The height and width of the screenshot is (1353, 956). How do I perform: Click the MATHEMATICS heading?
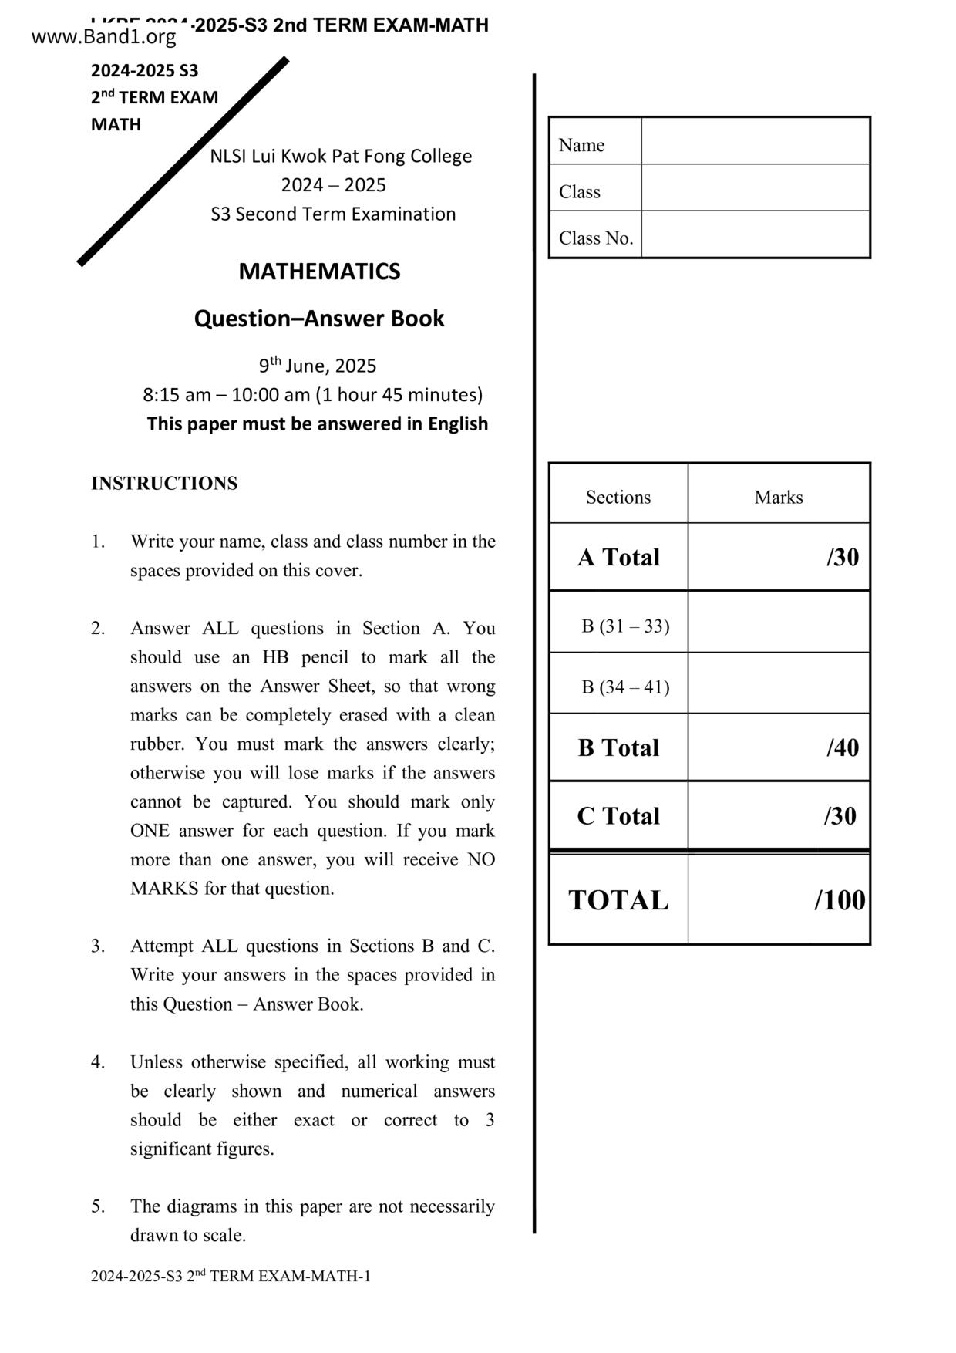[319, 272]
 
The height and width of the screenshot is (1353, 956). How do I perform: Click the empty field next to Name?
[756, 141]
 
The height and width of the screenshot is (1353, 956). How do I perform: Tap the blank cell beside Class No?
[756, 234]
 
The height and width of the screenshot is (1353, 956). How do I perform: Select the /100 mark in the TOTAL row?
[840, 900]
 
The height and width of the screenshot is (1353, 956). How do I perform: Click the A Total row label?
[618, 557]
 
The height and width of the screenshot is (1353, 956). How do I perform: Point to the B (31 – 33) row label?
[625, 626]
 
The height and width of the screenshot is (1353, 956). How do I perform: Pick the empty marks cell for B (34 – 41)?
[779, 683]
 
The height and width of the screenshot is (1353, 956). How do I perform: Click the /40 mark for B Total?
[843, 747]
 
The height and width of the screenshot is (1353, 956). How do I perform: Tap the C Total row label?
[618, 816]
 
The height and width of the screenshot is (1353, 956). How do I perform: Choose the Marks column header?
[779, 497]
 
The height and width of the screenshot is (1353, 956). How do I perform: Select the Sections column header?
[618, 497]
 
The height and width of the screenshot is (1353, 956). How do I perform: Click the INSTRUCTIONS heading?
[164, 484]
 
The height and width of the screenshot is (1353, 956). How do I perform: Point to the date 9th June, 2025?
[318, 366]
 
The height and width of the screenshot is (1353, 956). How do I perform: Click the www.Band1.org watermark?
[104, 36]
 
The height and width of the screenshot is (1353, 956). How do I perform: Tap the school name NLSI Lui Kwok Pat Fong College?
[341, 156]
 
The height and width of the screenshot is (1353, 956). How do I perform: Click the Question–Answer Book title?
[319, 319]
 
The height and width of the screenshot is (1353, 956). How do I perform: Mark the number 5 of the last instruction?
[98, 1206]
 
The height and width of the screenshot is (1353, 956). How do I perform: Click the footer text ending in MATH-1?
[231, 1276]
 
